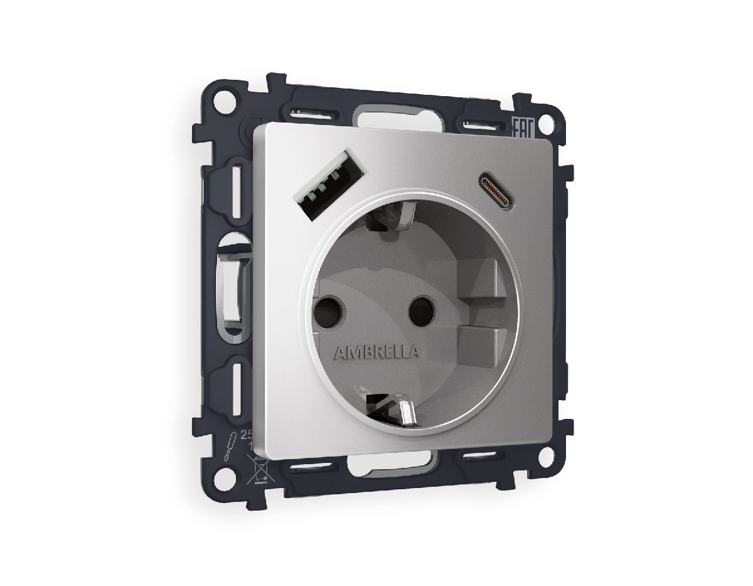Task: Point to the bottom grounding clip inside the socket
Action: (396, 410)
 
